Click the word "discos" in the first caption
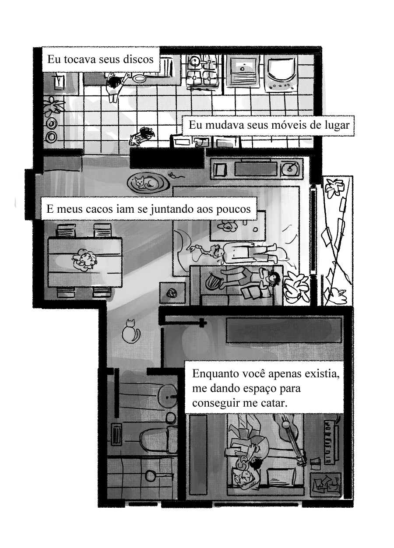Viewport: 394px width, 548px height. coord(139,60)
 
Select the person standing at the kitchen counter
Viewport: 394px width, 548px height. coord(115,86)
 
